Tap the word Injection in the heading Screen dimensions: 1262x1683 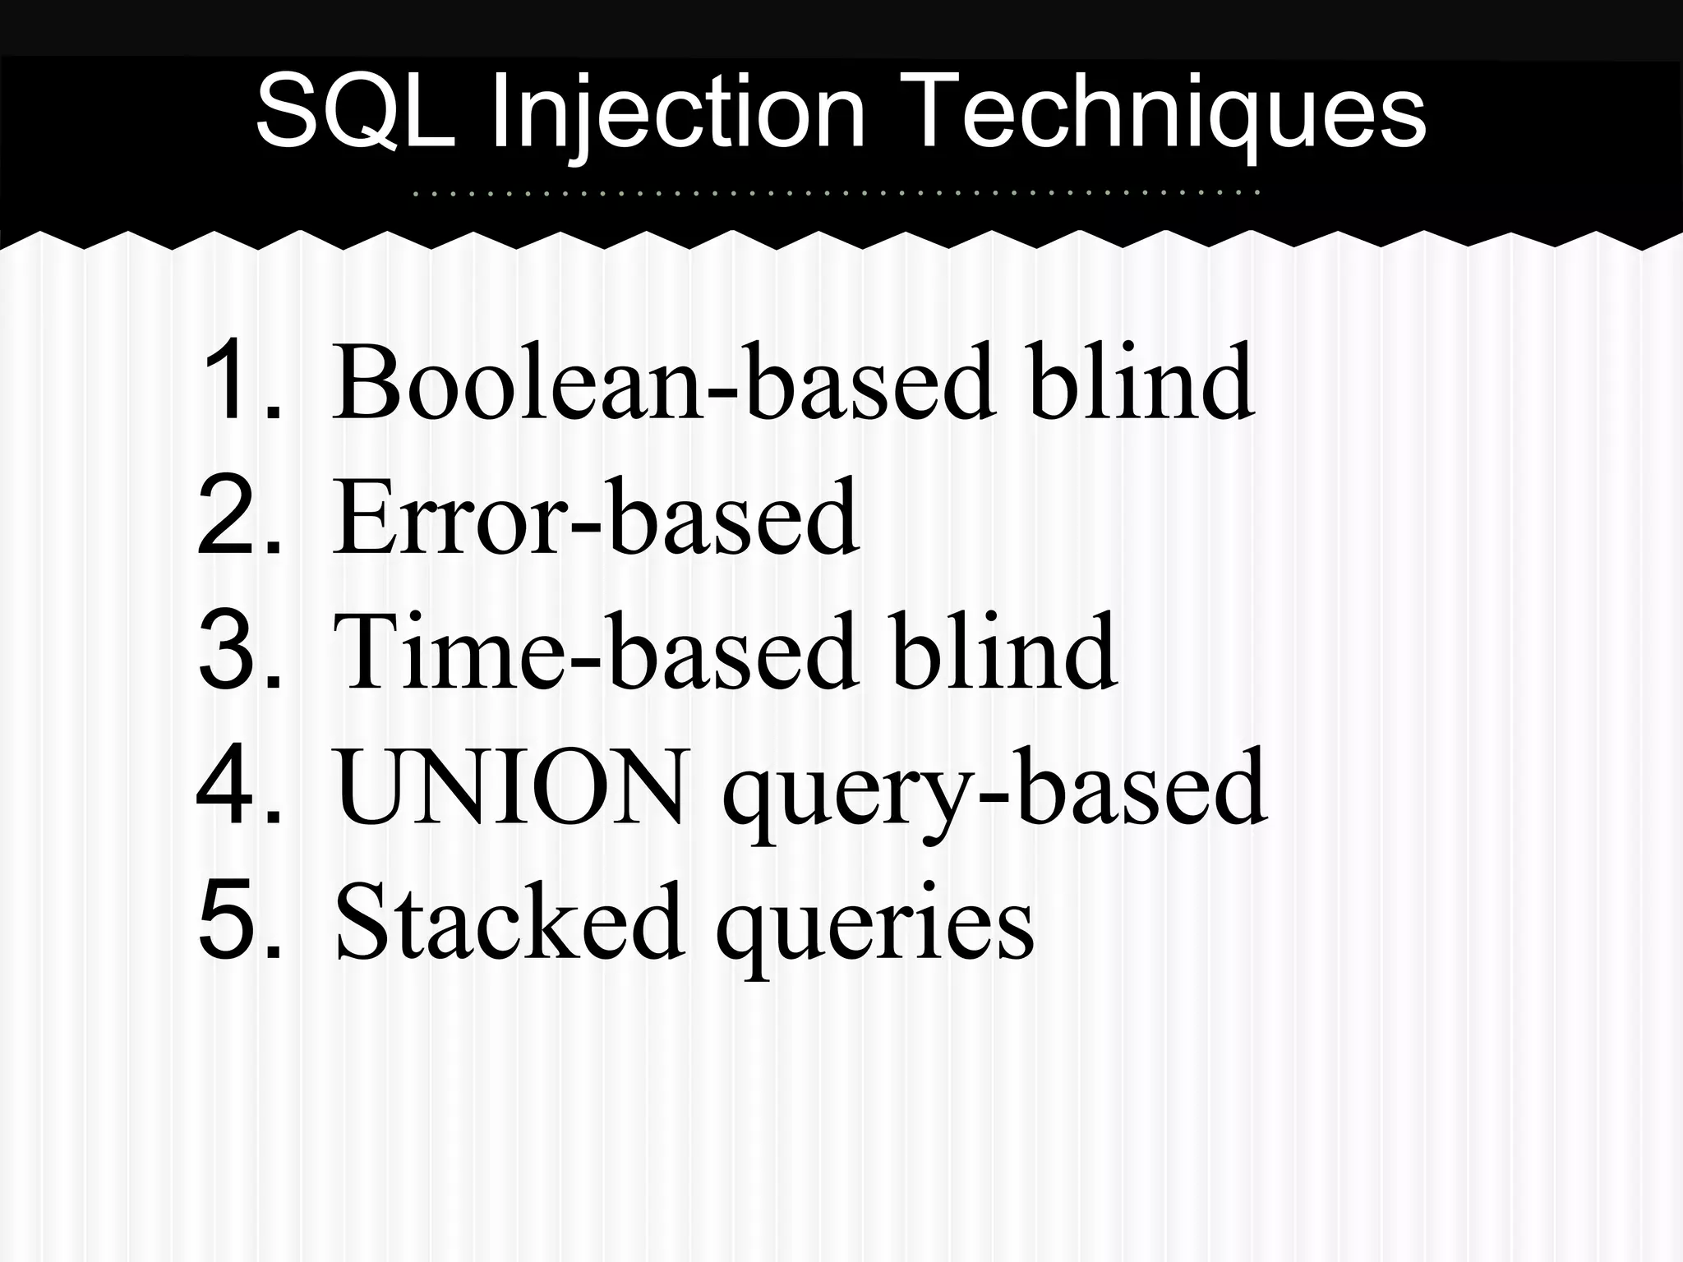679,113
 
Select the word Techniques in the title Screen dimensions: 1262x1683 1166,113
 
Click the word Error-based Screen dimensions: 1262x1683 596,516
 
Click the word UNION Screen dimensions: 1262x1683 510,786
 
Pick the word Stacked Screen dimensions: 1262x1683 510,920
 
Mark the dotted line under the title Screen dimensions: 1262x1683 836,194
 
